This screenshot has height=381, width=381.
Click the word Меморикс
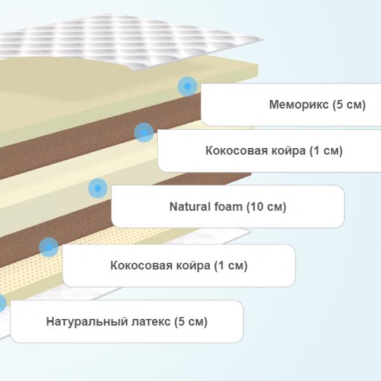pyautogui.click(x=299, y=105)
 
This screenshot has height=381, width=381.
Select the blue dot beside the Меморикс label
pyautogui.click(x=187, y=86)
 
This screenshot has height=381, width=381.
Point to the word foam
pyautogui.click(x=229, y=206)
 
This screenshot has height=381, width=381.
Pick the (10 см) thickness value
pyautogui.click(x=266, y=207)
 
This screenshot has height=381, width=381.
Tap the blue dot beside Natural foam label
pyautogui.click(x=98, y=188)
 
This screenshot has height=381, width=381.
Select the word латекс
pyautogui.click(x=151, y=322)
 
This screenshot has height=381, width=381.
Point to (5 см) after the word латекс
pyautogui.click(x=190, y=322)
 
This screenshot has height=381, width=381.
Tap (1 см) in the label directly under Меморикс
pyautogui.click(x=326, y=151)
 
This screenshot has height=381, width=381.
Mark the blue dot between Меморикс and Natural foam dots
pyautogui.click(x=144, y=133)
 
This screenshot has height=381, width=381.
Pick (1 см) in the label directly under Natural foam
pyautogui.click(x=231, y=265)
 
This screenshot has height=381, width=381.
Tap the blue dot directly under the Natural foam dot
pyautogui.click(x=49, y=247)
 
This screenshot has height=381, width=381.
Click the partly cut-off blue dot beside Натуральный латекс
pyautogui.click(x=3, y=303)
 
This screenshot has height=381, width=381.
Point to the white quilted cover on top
pyautogui.click(x=136, y=41)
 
